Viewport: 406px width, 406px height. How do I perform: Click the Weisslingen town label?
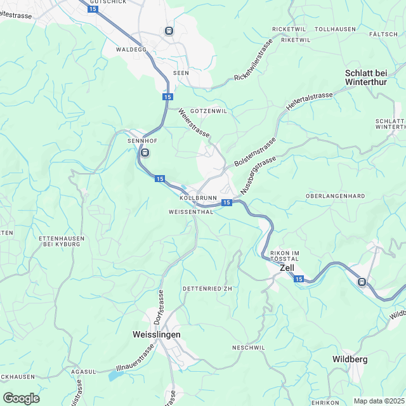pos(157,334)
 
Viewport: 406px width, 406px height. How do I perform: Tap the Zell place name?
pos(287,268)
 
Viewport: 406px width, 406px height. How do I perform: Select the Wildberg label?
pos(350,360)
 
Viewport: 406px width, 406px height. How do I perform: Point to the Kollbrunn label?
pos(194,198)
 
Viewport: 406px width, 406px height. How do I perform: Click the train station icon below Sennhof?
pos(145,152)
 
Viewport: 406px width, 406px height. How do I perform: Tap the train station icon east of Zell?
pos(362,282)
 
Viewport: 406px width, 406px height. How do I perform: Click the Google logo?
pos(21,398)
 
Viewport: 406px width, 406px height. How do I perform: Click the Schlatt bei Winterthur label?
pos(375,78)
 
